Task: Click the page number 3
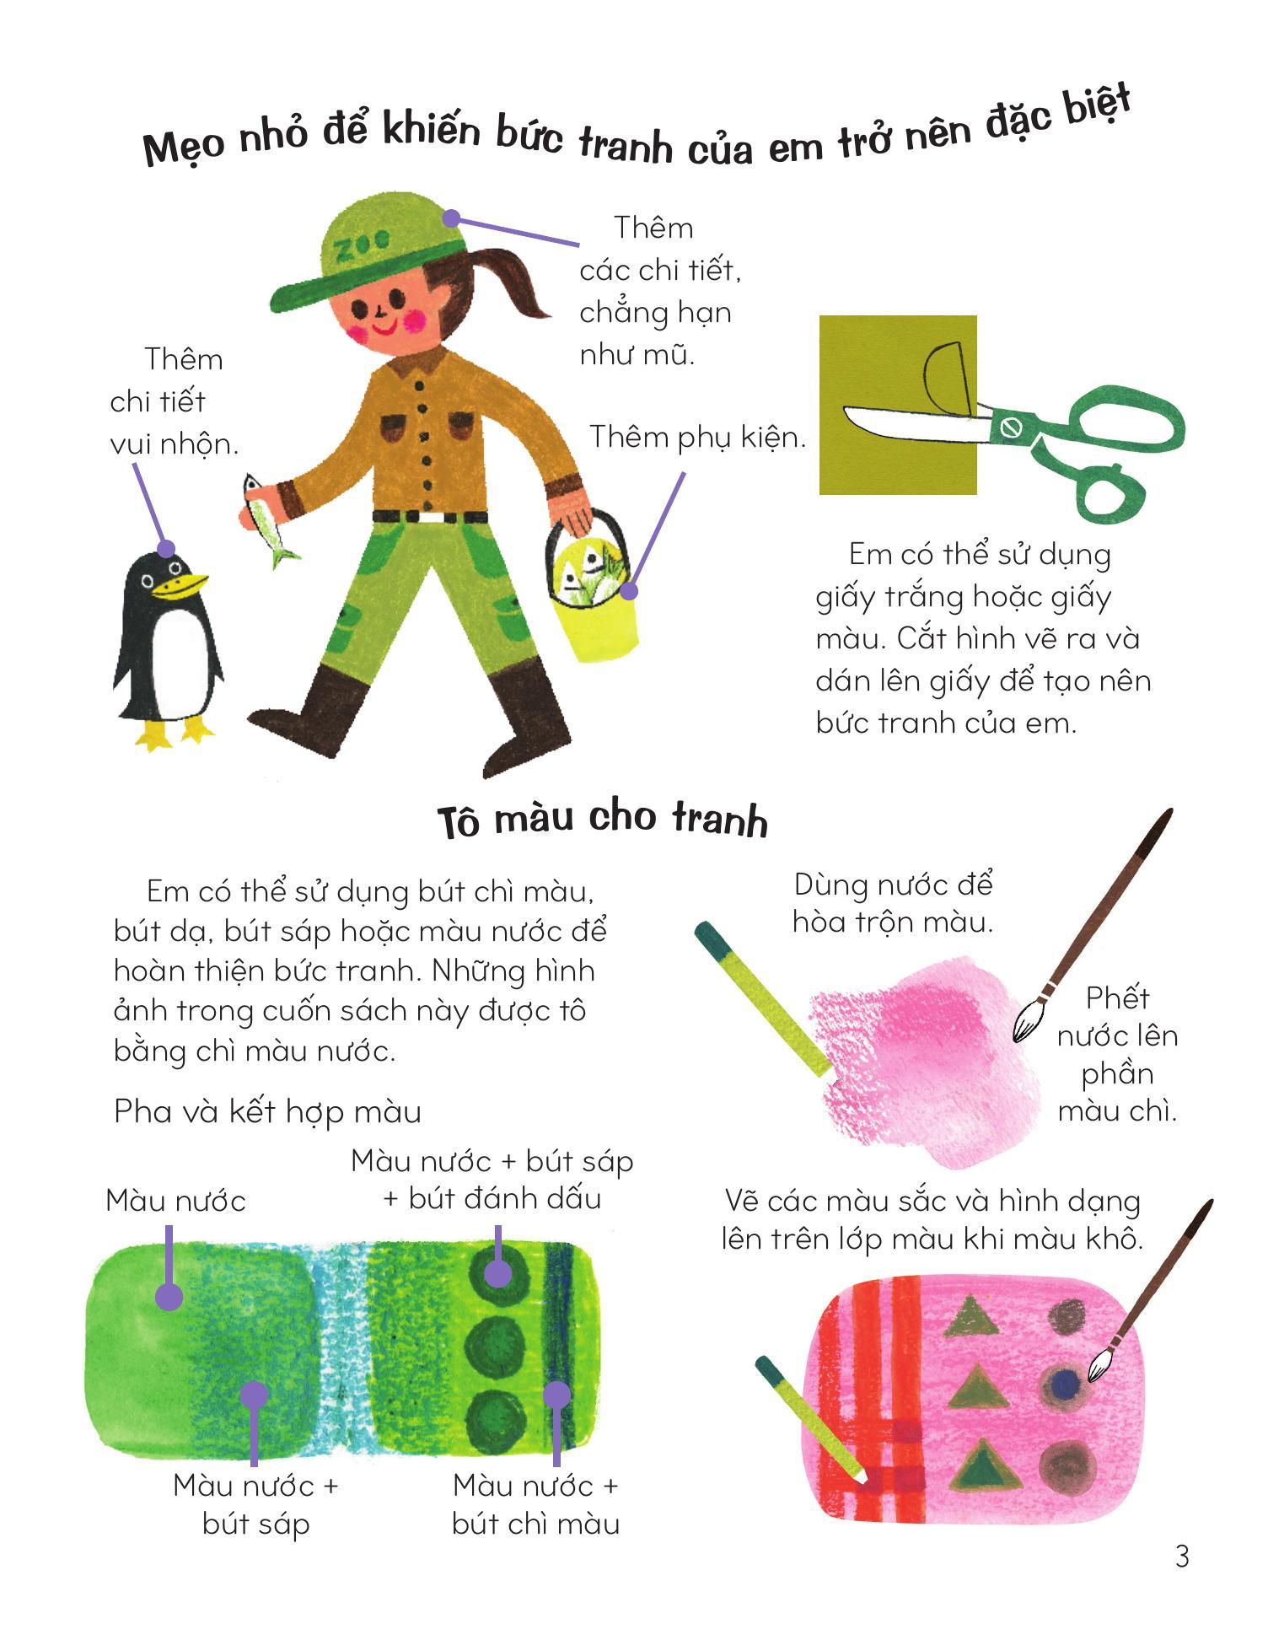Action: click(1182, 1556)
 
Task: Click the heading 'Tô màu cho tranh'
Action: click(603, 820)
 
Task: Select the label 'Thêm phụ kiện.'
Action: click(697, 438)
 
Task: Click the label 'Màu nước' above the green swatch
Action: click(175, 1201)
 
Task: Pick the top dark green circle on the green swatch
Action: click(497, 1272)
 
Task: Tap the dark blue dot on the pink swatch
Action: click(1067, 1383)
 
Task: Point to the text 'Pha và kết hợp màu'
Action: click(267, 1112)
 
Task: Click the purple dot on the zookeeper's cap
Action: click(451, 219)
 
